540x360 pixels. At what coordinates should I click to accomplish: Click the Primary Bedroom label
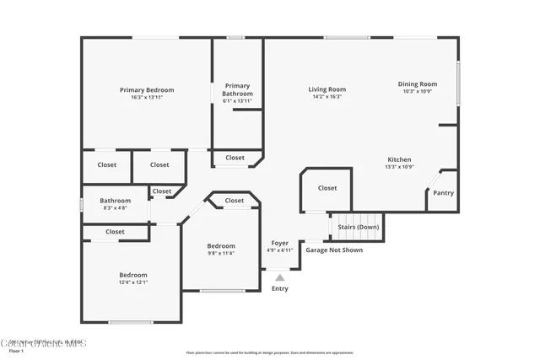click(x=147, y=90)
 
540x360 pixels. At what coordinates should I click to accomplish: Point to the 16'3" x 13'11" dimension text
click(x=147, y=98)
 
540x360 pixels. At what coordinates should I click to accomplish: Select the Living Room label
click(x=327, y=89)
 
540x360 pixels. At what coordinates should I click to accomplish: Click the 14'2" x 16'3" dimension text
click(x=327, y=97)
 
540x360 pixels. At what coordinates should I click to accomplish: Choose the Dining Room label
click(x=418, y=83)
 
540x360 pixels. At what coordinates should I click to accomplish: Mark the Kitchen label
click(x=399, y=159)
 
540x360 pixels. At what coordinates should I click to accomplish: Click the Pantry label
click(x=443, y=193)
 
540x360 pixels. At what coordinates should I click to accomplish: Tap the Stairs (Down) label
click(x=359, y=227)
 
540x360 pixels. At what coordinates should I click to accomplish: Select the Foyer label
click(x=279, y=243)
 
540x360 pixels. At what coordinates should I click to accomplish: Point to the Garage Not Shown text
click(x=334, y=250)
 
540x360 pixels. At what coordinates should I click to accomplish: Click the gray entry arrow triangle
click(x=280, y=276)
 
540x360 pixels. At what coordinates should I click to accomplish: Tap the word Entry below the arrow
click(x=279, y=288)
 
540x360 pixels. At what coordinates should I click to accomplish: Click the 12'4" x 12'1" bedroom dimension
click(x=133, y=282)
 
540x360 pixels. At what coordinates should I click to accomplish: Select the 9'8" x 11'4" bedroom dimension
click(x=221, y=253)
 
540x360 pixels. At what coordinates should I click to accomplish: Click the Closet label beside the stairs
click(x=327, y=188)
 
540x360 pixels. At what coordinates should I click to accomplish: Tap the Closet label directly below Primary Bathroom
click(x=235, y=158)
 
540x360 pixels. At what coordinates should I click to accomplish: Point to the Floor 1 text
click(x=17, y=351)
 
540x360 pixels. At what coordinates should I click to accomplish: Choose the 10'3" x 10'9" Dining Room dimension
click(x=418, y=91)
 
